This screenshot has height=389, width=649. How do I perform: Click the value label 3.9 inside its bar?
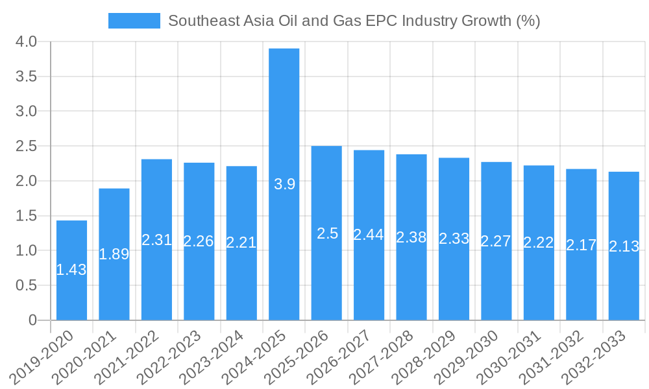point(284,184)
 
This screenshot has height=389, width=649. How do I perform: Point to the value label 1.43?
point(71,270)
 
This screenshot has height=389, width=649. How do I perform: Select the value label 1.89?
point(114,254)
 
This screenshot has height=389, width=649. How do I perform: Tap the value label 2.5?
point(327,233)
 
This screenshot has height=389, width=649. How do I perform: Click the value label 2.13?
point(624,246)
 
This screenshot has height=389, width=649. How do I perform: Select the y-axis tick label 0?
point(33,320)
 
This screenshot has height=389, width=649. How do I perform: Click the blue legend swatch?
point(134,21)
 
